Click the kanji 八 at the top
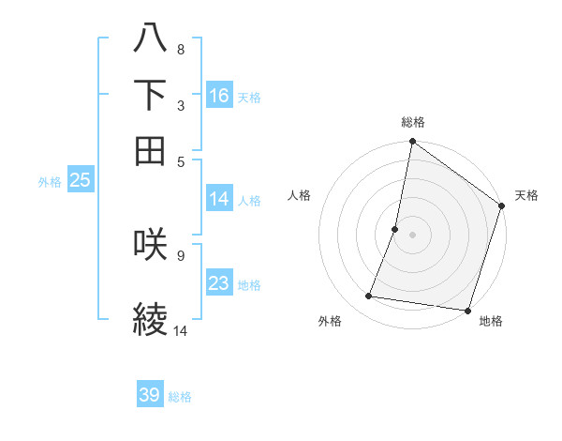pos(151,38)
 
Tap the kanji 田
pos(151,150)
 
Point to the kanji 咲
pos(151,243)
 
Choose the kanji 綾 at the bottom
pos(151,318)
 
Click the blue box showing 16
pos(219,96)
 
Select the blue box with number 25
pos(80,180)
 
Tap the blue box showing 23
pos(219,283)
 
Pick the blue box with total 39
pos(150,395)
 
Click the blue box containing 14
pos(219,199)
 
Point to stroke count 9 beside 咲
pos(180,254)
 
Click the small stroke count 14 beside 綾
pos(180,330)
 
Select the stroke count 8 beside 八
pos(180,49)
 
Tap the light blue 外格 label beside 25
pos(49,182)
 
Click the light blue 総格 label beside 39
pos(180,397)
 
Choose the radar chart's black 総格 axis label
pos(412,122)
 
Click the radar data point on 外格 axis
pos(369,297)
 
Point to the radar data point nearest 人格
pos(395,229)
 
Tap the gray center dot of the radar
pos(412,235)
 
